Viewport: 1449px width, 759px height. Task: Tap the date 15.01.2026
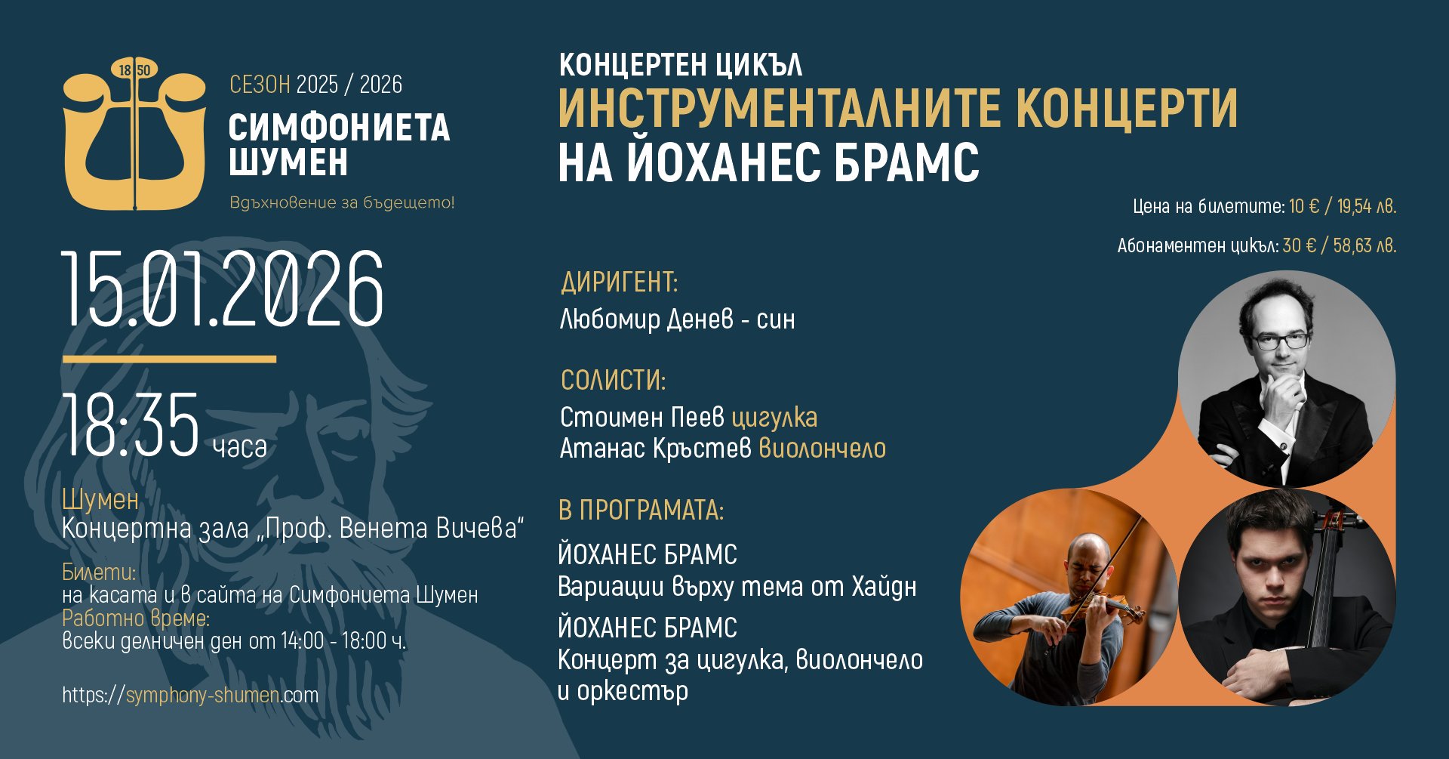(x=223, y=289)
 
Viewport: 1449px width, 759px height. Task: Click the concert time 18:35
(x=131, y=425)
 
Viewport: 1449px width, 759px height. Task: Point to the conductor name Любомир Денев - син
(x=677, y=319)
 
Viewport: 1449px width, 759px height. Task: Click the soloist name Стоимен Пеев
(x=642, y=417)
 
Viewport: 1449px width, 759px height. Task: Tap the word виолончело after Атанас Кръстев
(x=822, y=449)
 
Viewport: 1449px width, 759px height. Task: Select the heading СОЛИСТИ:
(x=614, y=380)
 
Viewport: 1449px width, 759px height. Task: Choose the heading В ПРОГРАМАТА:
(x=641, y=511)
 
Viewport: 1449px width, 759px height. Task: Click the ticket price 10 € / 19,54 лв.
(x=1343, y=206)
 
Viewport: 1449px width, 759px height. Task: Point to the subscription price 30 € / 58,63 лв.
(x=1340, y=245)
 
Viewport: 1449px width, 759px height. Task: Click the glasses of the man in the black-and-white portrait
(x=1281, y=341)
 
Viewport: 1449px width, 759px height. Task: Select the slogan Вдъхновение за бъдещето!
(x=342, y=203)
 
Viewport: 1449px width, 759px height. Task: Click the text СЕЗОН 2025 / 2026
(x=315, y=85)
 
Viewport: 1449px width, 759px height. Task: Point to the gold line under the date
(x=169, y=359)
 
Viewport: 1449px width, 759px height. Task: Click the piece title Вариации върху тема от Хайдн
(x=737, y=587)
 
